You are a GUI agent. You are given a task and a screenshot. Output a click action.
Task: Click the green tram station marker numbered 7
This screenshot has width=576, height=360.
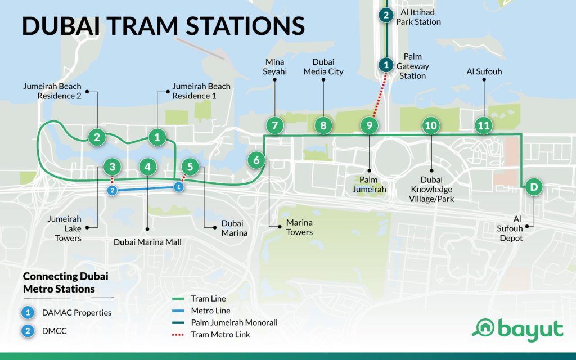click(274, 126)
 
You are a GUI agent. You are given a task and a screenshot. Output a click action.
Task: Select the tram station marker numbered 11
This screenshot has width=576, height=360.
click(483, 126)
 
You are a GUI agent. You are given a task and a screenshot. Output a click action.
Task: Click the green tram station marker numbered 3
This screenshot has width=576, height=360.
click(112, 167)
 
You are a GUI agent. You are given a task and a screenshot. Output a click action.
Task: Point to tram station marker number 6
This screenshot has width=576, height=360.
click(256, 160)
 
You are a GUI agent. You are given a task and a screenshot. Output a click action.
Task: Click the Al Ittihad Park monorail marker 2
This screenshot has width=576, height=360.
click(385, 15)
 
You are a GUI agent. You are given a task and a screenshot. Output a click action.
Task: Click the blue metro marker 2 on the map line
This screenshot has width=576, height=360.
click(112, 191)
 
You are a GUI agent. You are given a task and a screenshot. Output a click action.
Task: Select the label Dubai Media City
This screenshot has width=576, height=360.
click(323, 66)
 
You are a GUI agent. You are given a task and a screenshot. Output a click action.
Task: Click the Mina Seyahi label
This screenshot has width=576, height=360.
click(274, 66)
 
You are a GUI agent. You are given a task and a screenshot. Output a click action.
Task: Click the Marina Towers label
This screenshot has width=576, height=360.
click(299, 227)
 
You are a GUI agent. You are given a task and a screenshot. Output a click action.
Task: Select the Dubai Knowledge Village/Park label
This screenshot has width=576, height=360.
click(431, 190)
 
